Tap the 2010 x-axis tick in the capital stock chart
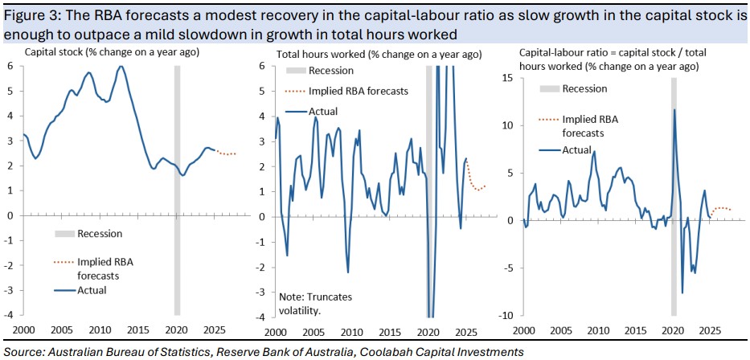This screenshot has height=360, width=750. click(x=99, y=330)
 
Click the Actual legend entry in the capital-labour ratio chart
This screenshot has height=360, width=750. click(x=576, y=149)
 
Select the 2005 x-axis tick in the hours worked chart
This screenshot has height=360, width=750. click(x=314, y=330)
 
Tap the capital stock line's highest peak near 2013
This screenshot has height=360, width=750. click(x=121, y=67)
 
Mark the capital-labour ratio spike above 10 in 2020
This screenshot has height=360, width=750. click(x=674, y=109)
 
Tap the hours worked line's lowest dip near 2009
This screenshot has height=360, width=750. click(x=348, y=272)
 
